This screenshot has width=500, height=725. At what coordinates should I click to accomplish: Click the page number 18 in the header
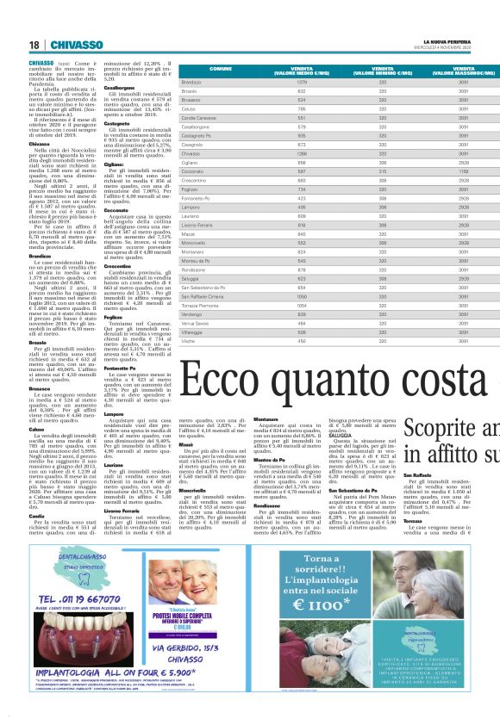pos(34,45)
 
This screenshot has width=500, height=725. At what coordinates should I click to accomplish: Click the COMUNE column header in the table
pos(221,68)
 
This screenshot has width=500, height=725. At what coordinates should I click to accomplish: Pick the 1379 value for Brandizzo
pos(302,82)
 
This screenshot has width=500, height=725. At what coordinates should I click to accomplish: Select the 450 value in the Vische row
pos(302,341)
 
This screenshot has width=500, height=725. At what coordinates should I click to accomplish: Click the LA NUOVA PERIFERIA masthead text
pos(447,41)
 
